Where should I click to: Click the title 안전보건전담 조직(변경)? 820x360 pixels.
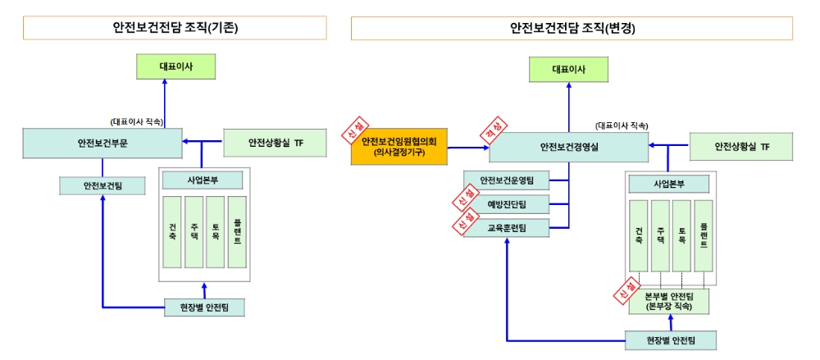(x=572, y=28)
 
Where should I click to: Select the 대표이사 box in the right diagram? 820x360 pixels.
(x=568, y=69)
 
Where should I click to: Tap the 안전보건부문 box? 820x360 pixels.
(x=102, y=143)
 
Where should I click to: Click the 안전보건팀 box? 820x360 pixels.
(x=102, y=186)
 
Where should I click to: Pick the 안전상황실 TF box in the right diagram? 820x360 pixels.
(x=741, y=147)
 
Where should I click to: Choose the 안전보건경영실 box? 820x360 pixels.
(x=568, y=147)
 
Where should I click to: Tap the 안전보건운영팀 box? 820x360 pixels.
(x=507, y=180)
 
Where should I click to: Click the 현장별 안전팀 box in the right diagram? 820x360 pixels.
(x=670, y=339)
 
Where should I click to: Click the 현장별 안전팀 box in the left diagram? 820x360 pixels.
(x=203, y=308)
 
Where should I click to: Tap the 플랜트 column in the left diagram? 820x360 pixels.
(x=237, y=232)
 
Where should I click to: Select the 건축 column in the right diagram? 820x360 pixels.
(x=638, y=235)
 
